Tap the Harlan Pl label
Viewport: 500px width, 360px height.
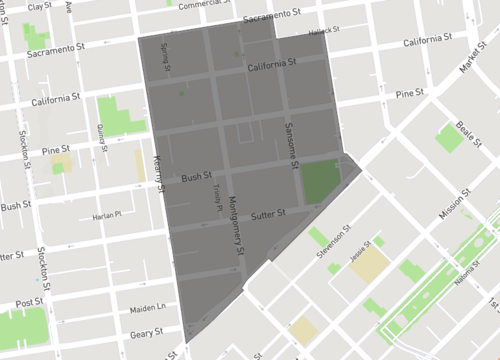[x=105, y=214]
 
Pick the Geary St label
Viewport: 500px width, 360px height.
[x=146, y=333]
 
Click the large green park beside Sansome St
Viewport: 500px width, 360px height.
[x=321, y=180]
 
